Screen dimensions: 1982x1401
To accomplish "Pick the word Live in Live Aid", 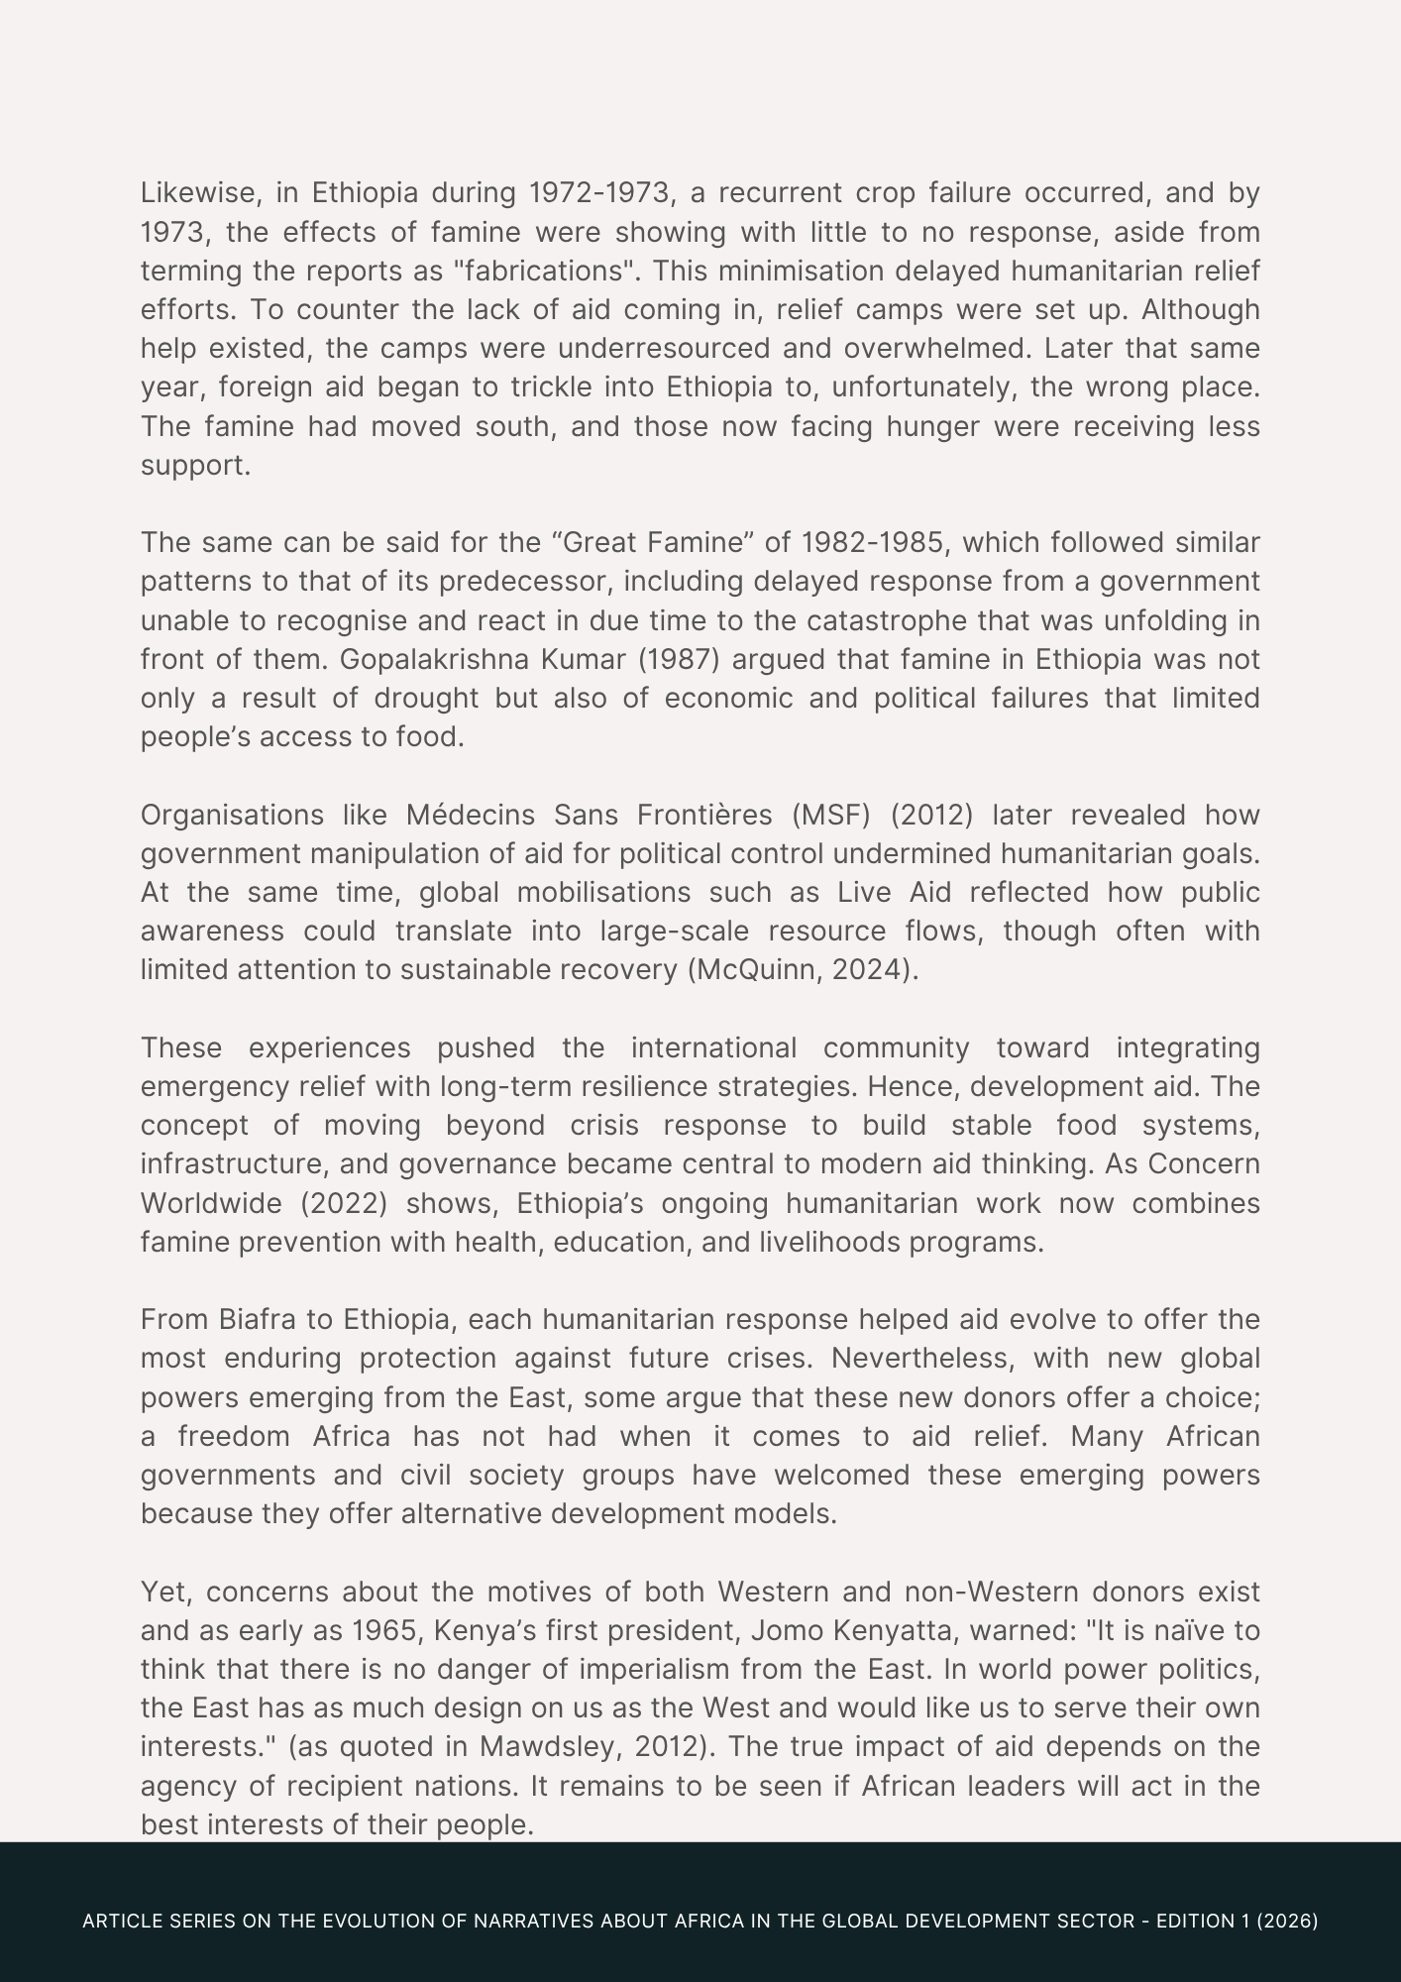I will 865,893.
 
